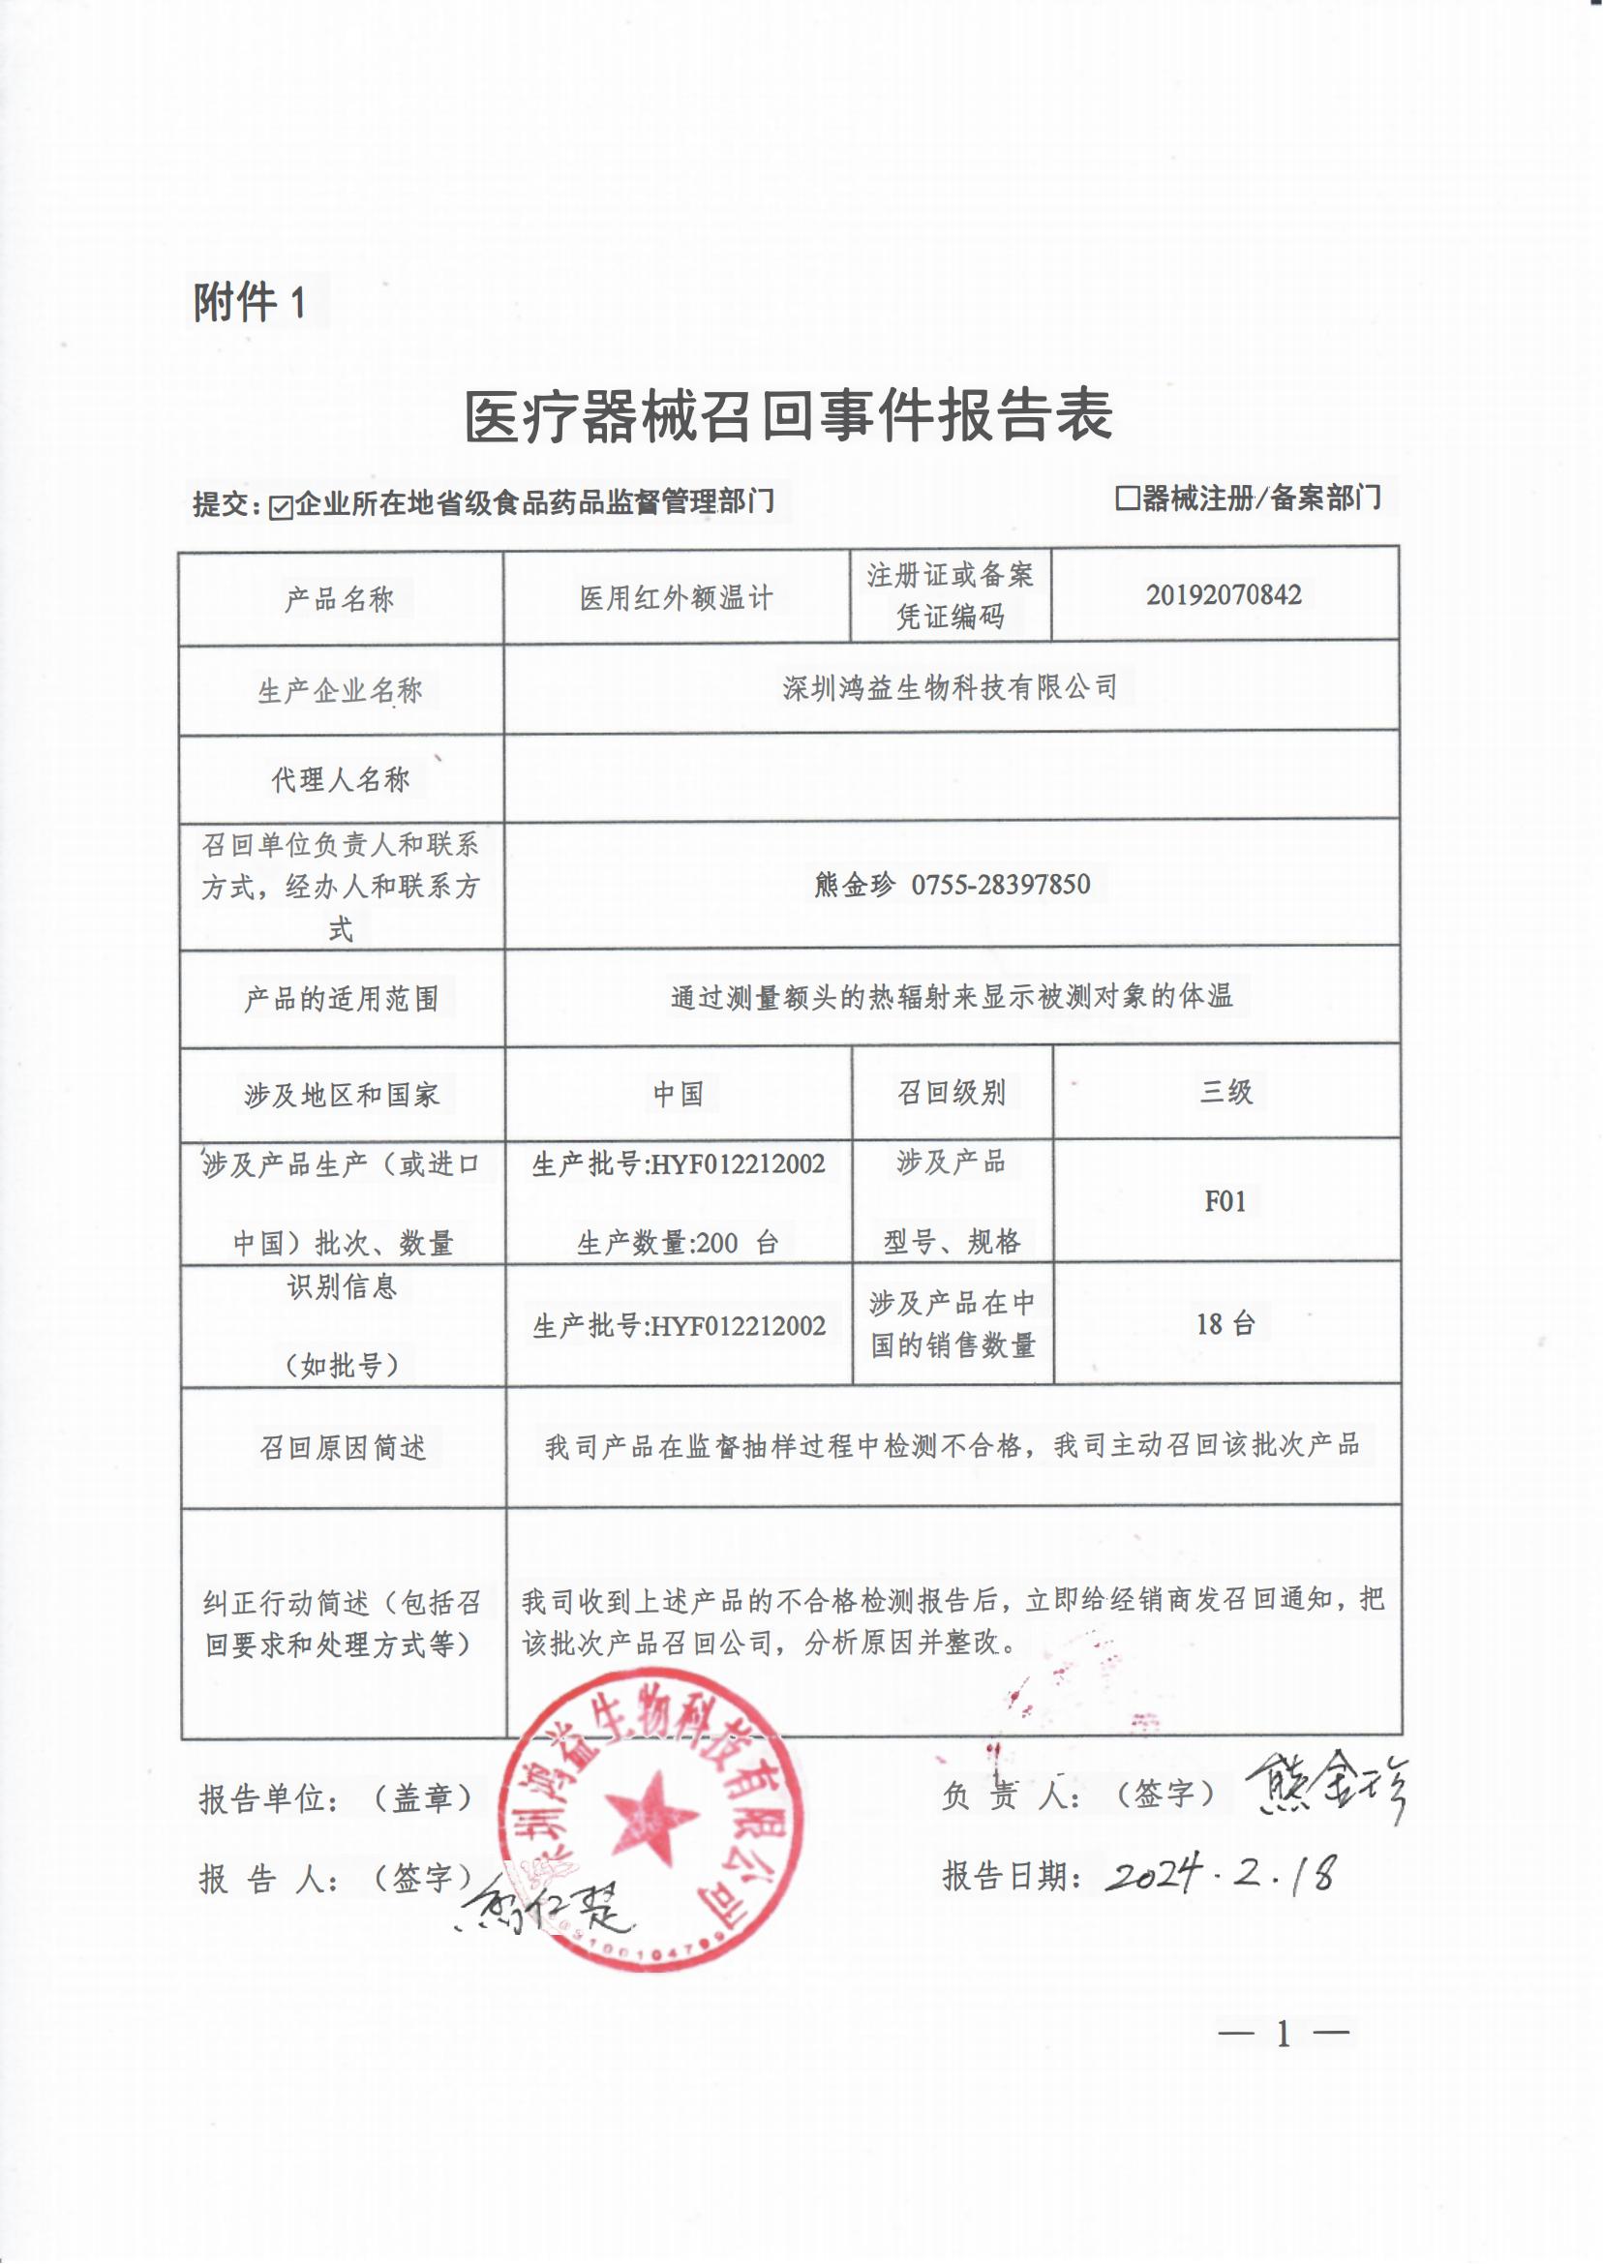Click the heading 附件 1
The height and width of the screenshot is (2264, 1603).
pos(250,302)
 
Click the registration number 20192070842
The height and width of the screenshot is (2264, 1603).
pos(1223,595)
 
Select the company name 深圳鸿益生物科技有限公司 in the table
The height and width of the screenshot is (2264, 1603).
pos(950,687)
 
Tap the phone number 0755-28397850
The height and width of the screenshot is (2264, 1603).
pos(1000,885)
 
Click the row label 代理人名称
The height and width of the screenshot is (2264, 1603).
pos(340,779)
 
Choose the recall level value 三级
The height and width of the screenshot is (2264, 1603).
pos(1225,1092)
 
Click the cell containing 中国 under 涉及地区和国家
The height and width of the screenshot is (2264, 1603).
pos(679,1094)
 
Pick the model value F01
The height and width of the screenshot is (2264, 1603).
pos(1225,1201)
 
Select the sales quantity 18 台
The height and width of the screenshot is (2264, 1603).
pos(1225,1323)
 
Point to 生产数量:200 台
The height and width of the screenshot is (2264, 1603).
pos(678,1243)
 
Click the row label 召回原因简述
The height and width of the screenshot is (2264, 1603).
pos(342,1448)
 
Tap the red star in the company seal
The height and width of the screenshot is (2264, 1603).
pos(650,1813)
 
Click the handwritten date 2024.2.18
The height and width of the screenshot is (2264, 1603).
pos(1221,1871)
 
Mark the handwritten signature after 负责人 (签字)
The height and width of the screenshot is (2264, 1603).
pos(1324,1788)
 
